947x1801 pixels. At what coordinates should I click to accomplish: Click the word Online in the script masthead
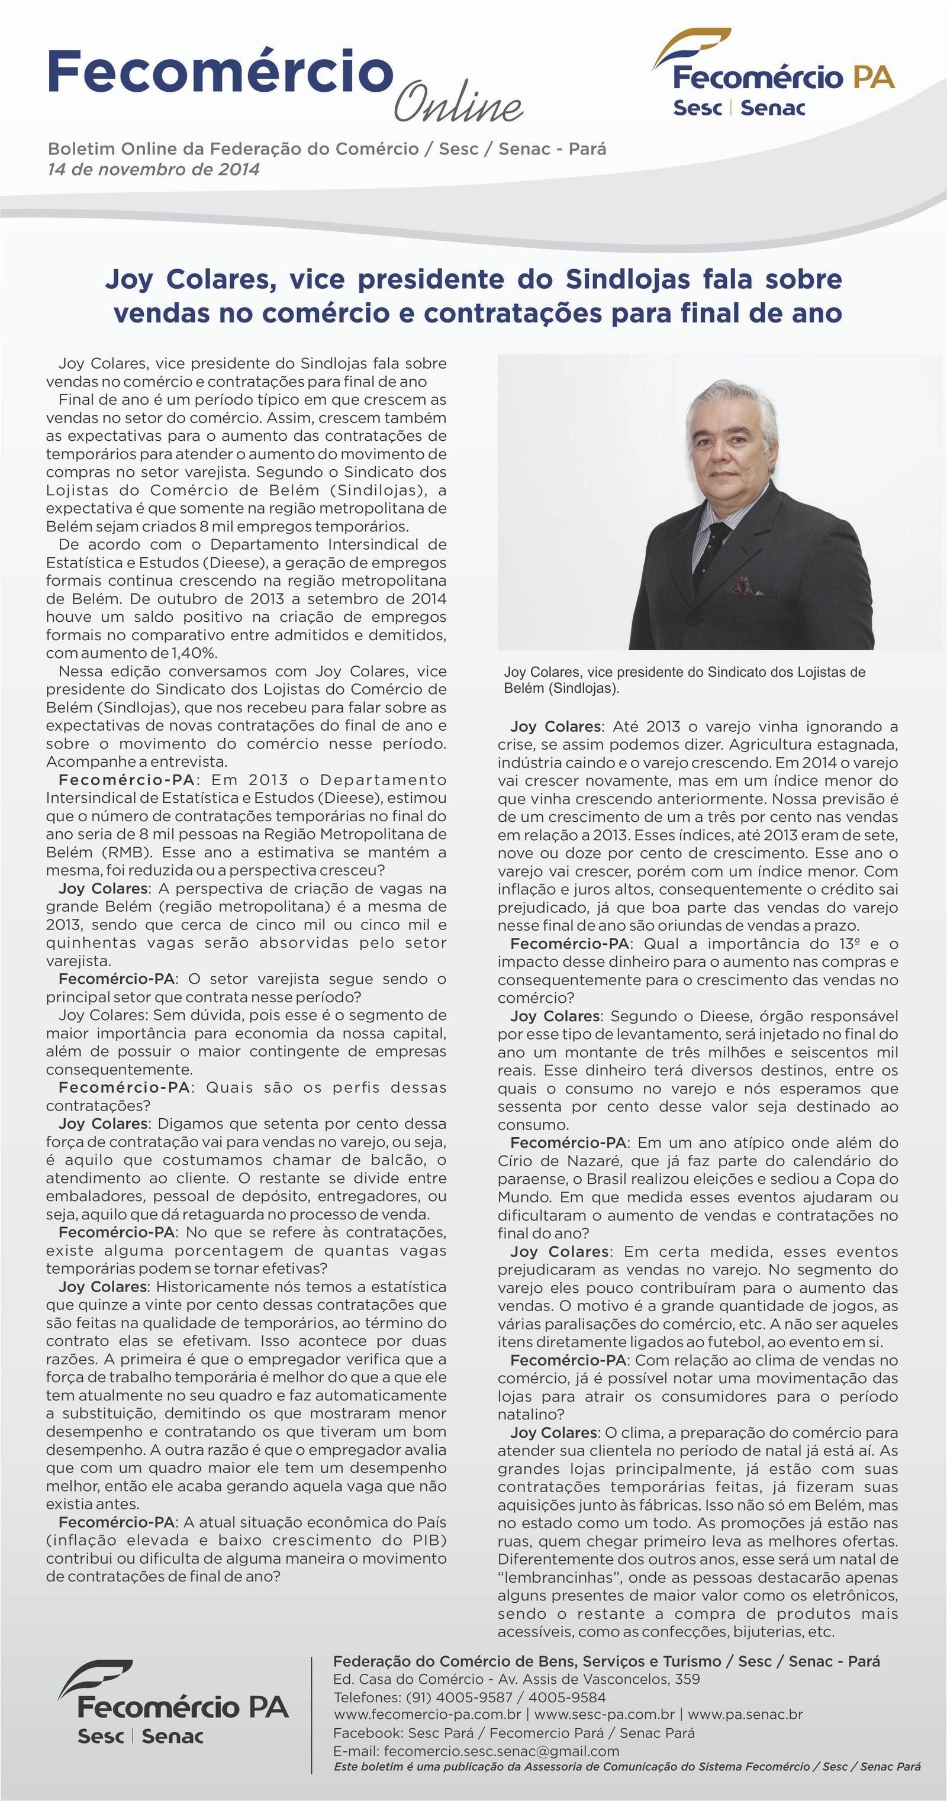pyautogui.click(x=458, y=105)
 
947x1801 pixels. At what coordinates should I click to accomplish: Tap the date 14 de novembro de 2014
pyautogui.click(x=153, y=169)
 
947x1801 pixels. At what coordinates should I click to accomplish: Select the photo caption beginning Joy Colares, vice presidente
pyautogui.click(x=684, y=680)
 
